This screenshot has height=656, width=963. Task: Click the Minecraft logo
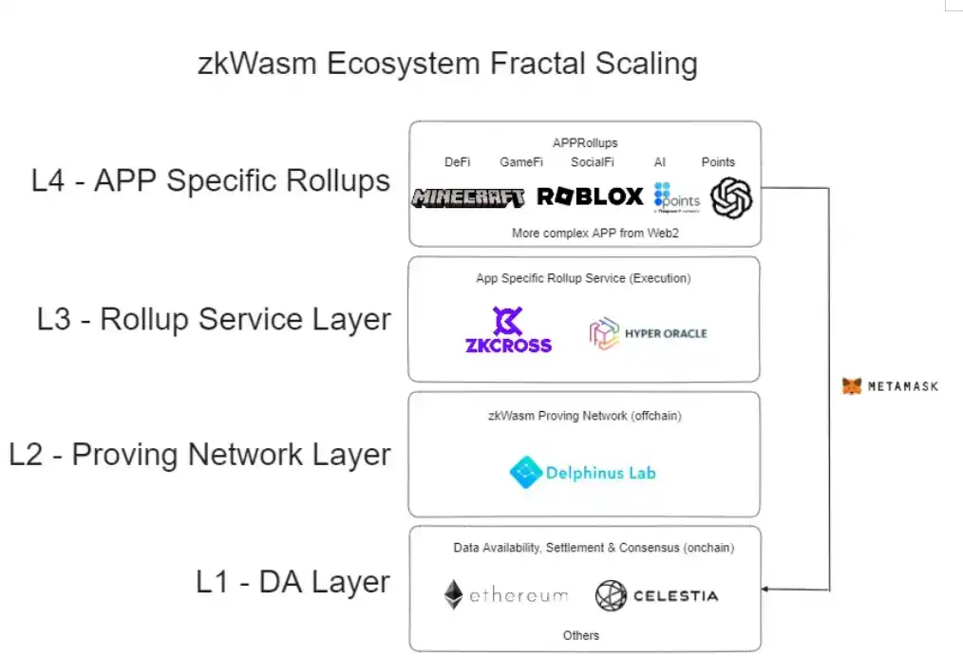(468, 197)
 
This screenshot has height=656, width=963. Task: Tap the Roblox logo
(590, 197)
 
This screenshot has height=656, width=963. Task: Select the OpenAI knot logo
(731, 198)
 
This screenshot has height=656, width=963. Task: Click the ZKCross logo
(508, 330)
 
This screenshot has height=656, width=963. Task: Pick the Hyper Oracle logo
(649, 333)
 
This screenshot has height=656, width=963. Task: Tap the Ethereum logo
(505, 595)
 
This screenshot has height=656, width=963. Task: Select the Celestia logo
(656, 595)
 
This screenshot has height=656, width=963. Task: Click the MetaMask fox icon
(852, 386)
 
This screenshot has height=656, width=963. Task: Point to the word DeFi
(457, 162)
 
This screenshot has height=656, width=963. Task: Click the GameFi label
(521, 162)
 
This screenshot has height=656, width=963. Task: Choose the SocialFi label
(594, 162)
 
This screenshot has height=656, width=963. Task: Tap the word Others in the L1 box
(580, 635)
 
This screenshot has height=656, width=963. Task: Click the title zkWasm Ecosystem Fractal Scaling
(447, 64)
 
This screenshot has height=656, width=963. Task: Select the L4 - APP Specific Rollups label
(211, 180)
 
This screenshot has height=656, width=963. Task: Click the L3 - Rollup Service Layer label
(214, 319)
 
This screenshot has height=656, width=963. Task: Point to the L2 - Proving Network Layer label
(199, 454)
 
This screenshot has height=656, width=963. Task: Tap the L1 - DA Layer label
(293, 581)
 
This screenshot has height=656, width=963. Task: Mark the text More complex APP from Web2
(582, 233)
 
